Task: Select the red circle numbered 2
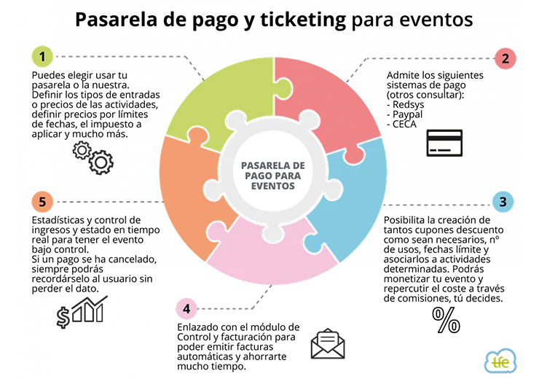[x=504, y=58]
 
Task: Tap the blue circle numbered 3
[x=503, y=202]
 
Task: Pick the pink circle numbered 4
[x=186, y=309]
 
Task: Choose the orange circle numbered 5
[x=42, y=202]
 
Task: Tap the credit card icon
[x=444, y=143]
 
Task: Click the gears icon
[x=93, y=158]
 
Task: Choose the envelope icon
[x=328, y=345]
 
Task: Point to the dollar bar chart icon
[x=82, y=311]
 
